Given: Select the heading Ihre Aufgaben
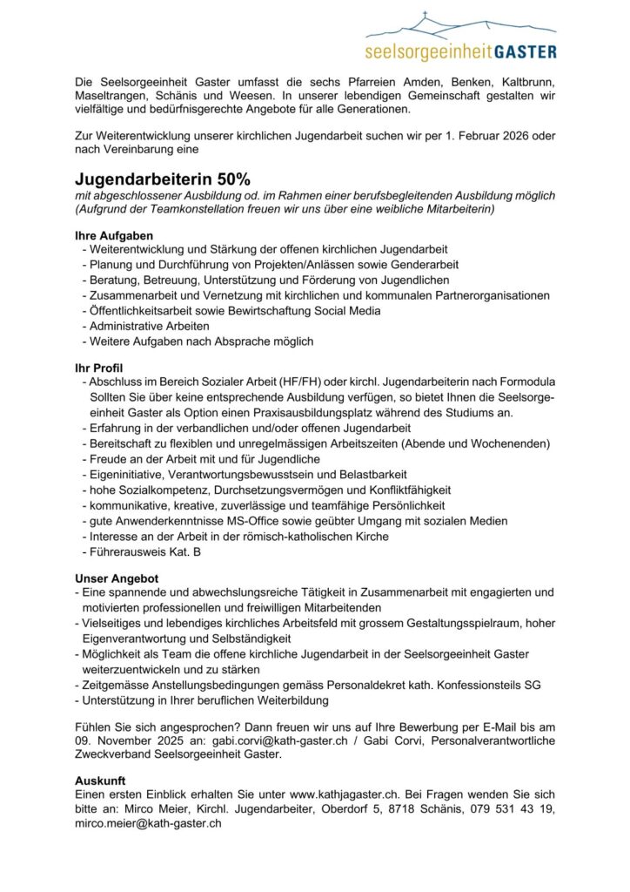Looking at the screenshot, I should [x=113, y=235].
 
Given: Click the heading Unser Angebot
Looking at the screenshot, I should [x=117, y=578].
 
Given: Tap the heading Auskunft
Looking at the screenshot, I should [x=100, y=780].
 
